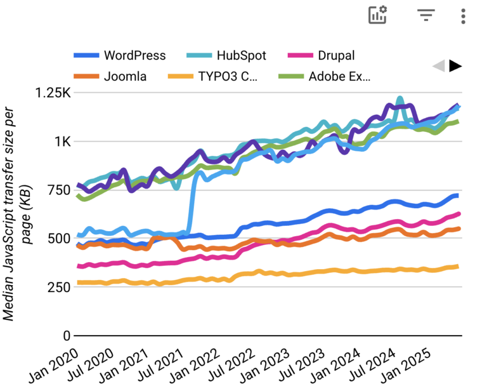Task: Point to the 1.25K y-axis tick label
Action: pos(54,93)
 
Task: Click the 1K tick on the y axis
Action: pos(62,142)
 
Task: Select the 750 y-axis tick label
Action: pos(58,190)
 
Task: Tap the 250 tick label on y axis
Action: pos(58,287)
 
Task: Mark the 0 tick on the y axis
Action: pos(67,335)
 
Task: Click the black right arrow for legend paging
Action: pos(455,66)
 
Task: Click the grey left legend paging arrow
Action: pos(438,66)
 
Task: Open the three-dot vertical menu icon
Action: pos(464,16)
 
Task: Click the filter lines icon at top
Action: pos(425,15)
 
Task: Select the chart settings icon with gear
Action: pos(378,15)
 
